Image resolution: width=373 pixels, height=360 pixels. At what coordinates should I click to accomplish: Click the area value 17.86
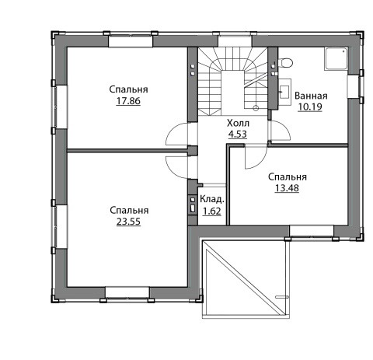coord(128,101)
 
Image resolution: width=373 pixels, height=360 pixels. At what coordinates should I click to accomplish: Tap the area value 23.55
coord(128,222)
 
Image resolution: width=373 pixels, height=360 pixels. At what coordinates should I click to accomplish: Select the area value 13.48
coord(287,188)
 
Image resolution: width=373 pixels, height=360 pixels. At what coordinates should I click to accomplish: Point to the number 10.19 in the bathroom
coord(310,107)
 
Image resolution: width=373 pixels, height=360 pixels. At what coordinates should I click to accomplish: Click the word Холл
coord(238,123)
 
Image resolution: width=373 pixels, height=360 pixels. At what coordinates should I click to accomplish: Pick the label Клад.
coord(212,199)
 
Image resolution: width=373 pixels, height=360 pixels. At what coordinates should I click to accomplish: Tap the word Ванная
coord(311,96)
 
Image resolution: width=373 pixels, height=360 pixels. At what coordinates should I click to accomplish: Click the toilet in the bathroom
coord(285,62)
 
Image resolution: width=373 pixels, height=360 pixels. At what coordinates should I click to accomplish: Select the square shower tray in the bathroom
coord(336,59)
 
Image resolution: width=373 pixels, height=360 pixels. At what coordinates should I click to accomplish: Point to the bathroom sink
coord(284,92)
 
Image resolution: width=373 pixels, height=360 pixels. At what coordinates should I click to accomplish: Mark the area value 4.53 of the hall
coord(238,135)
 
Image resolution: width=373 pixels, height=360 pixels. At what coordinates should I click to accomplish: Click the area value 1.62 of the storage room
coord(212,211)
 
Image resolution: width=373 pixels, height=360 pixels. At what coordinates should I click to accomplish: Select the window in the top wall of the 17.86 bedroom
coord(131,41)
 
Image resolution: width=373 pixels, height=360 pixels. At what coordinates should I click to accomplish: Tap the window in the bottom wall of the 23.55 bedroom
coord(127,293)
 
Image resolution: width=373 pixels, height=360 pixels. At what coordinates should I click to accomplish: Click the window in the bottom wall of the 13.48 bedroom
coord(312,231)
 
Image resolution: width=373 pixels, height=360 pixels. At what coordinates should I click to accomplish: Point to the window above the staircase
coord(235,41)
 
